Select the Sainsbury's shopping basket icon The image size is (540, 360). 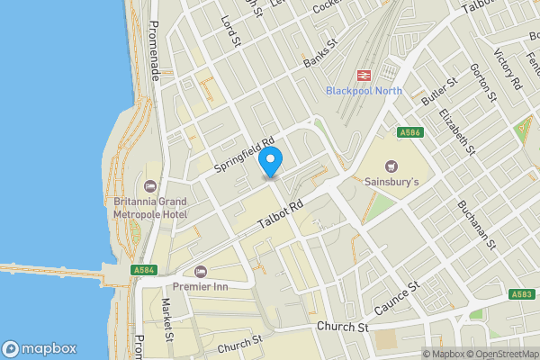[391, 166]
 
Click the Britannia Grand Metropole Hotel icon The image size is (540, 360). [148, 184]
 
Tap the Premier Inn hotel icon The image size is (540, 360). [199, 271]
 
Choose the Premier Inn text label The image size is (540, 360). [199, 287]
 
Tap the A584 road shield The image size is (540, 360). [143, 269]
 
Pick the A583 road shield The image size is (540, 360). [522, 294]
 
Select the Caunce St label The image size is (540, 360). [397, 297]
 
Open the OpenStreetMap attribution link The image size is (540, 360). [500, 354]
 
